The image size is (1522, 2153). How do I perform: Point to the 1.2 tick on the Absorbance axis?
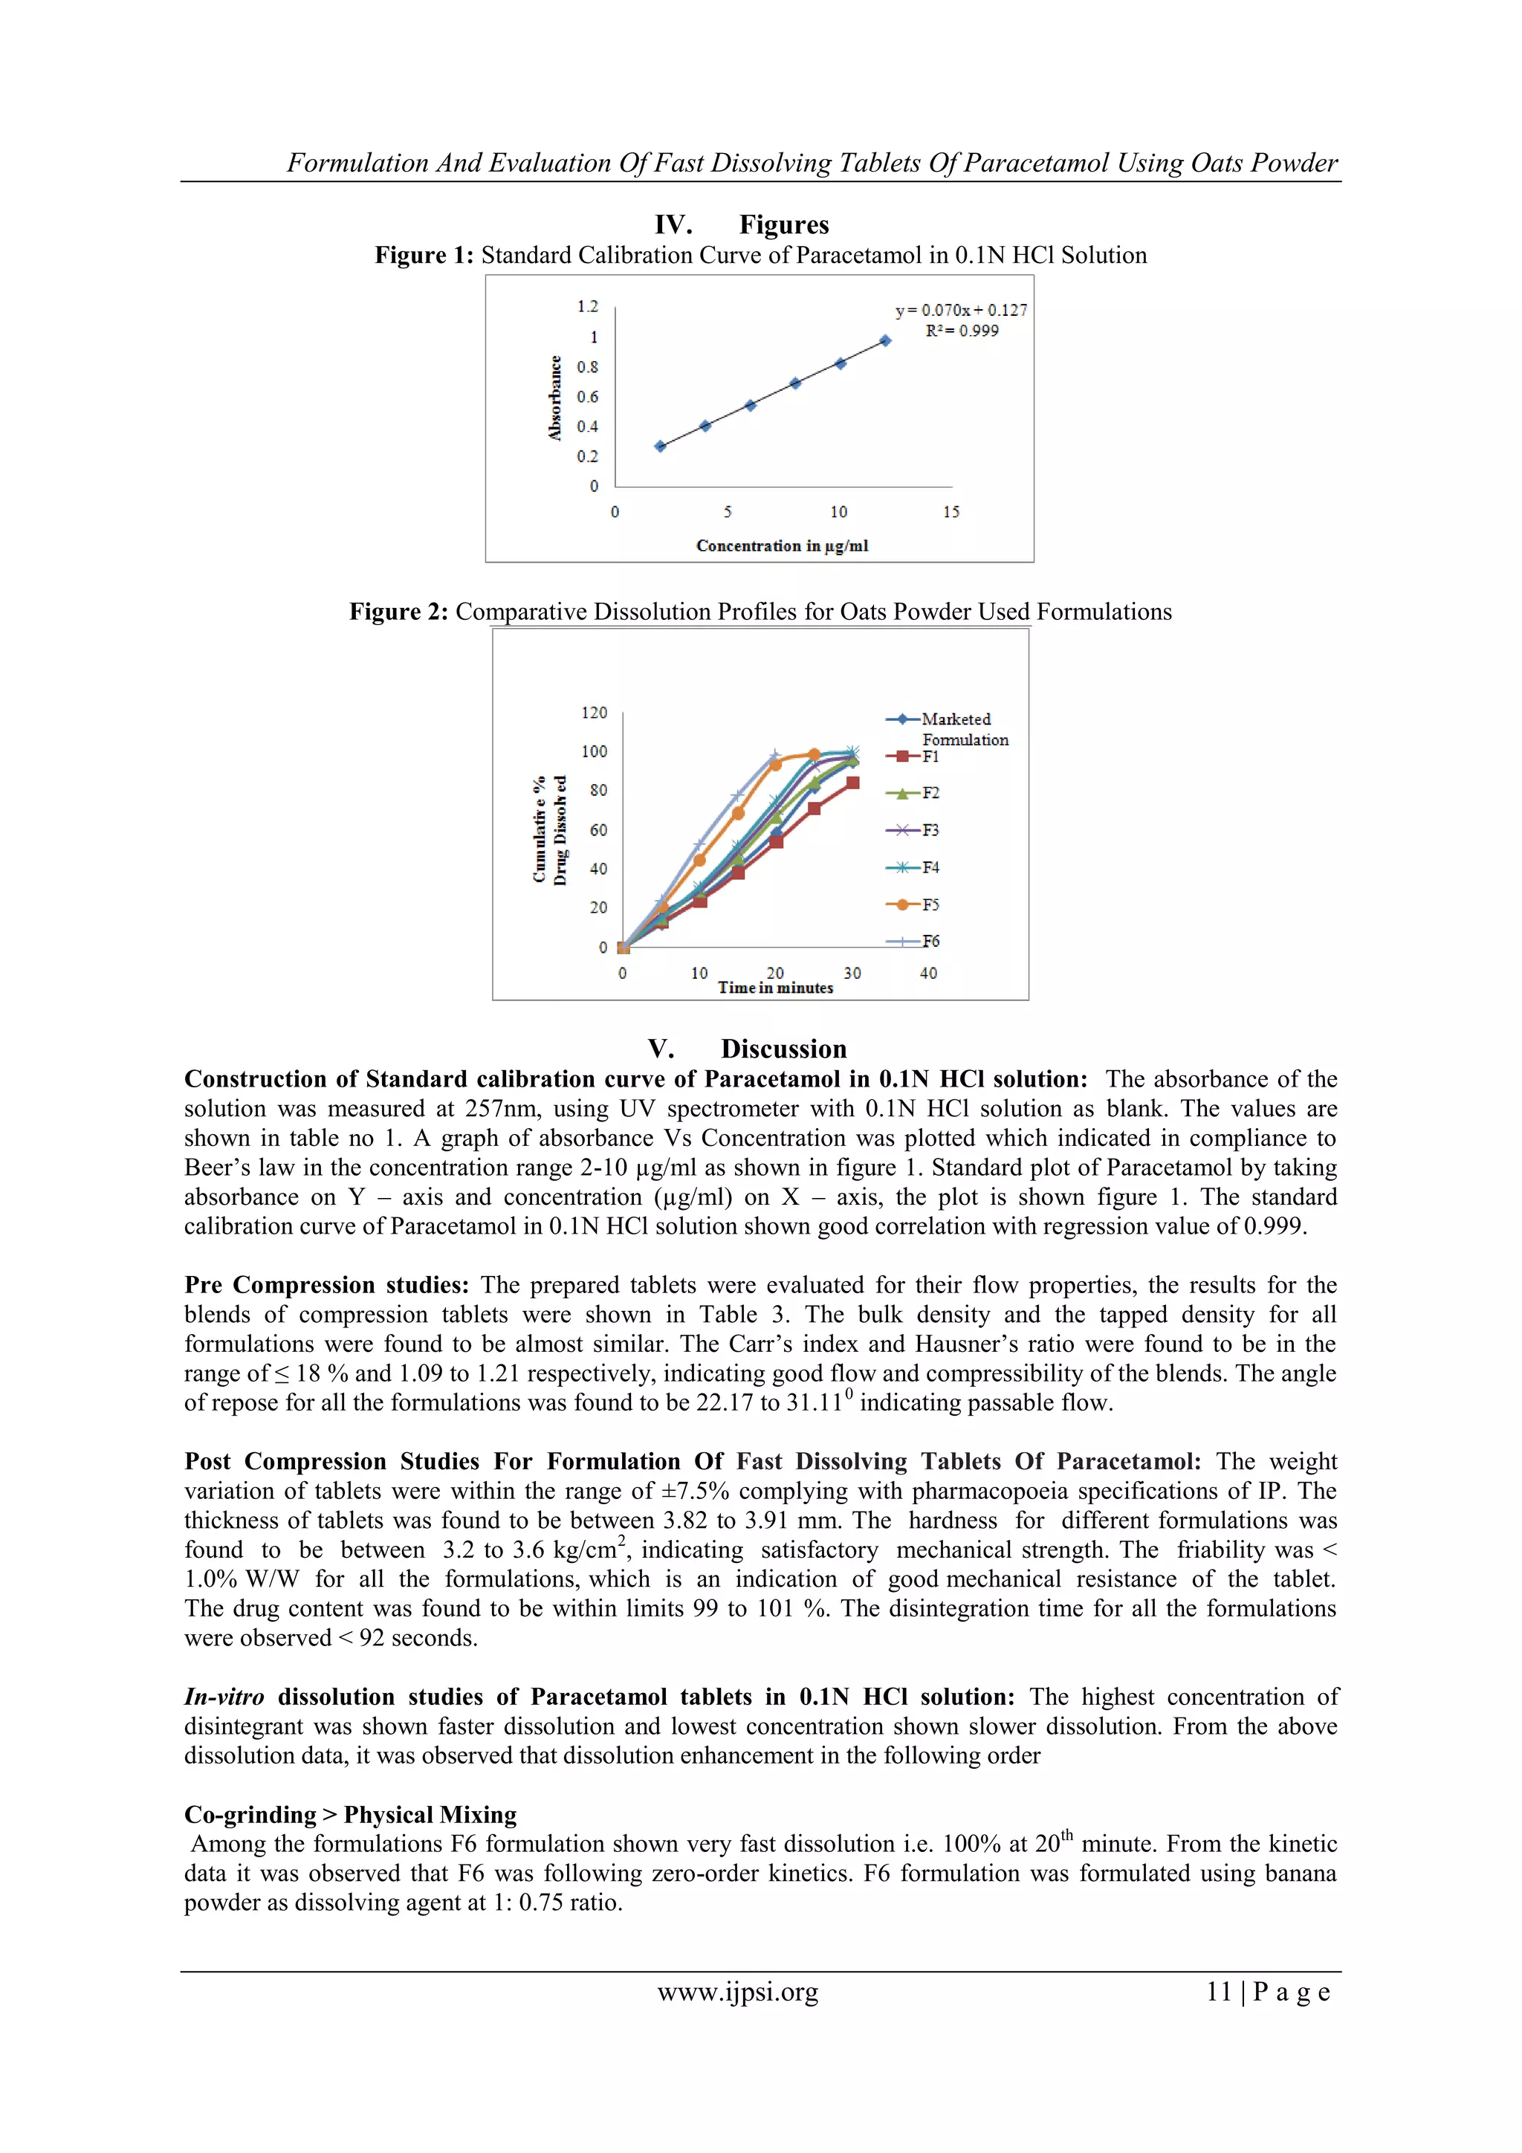[587, 307]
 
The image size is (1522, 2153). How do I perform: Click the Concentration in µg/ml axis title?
[781, 545]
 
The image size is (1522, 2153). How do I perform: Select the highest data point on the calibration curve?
[884, 341]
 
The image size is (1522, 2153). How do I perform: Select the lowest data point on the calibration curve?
[660, 447]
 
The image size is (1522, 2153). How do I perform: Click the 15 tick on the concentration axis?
[951, 512]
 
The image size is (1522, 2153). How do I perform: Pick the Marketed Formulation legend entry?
[947, 728]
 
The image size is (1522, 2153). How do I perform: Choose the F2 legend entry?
[913, 793]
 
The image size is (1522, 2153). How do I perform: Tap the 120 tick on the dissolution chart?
[594, 713]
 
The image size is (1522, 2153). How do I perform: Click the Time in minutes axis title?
[776, 988]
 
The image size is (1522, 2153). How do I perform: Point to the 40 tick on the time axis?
[927, 974]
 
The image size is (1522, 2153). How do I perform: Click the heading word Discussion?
[783, 1049]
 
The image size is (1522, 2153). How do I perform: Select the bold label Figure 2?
[398, 612]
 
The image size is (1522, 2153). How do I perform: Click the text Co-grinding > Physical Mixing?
[350, 1816]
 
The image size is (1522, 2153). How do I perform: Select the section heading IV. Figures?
[741, 225]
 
